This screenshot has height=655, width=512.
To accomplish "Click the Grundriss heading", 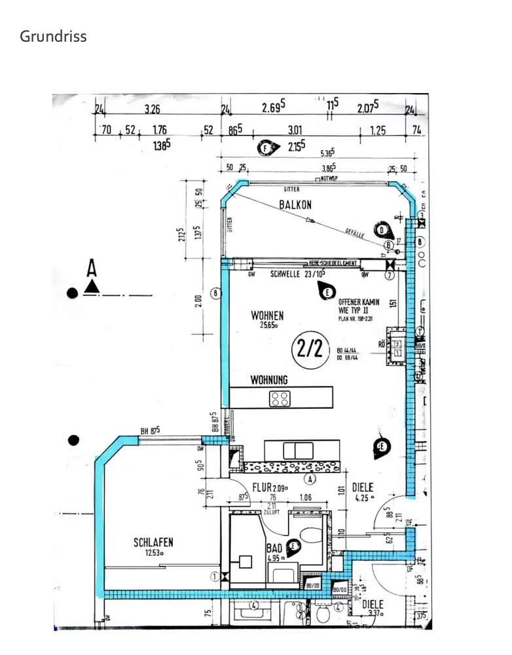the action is click(x=53, y=36).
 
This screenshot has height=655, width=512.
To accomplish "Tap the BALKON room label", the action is click(x=295, y=204).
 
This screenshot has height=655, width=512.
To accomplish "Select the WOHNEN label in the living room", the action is click(x=267, y=316).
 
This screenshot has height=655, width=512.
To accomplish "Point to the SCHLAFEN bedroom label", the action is click(x=153, y=542).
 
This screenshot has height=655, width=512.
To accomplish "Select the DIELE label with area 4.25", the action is click(x=363, y=487).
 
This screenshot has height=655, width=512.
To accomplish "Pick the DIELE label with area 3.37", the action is click(x=373, y=605).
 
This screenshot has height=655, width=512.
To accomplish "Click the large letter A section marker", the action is click(x=92, y=269).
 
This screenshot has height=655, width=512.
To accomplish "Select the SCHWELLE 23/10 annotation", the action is click(x=296, y=274).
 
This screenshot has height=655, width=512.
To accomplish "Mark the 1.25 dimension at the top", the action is click(x=378, y=130).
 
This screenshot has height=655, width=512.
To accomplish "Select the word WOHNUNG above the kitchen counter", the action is click(x=269, y=380).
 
